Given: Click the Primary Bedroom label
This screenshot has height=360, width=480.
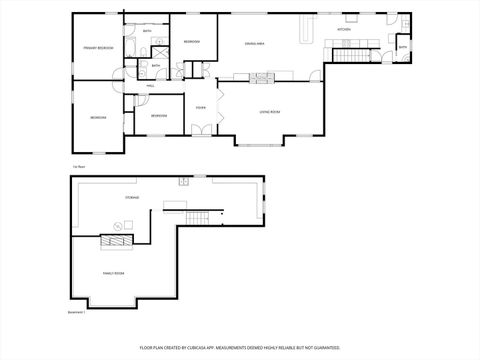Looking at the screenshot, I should pos(98,47).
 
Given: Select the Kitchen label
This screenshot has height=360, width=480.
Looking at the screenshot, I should pos(344,30).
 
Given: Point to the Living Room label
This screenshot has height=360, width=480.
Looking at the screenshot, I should pos(270,111).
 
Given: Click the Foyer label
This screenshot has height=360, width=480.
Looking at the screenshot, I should pos(201,106).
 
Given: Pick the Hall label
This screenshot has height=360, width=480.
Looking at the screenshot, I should pos(151,86).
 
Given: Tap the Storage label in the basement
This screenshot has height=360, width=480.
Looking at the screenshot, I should pos(133,198).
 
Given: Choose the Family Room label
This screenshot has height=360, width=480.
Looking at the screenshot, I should pos(113,271).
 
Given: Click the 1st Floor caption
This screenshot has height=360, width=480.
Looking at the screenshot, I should pos(77,165).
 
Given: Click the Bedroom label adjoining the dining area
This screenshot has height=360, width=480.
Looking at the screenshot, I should pos(191,41).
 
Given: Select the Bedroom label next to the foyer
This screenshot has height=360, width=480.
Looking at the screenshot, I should pos(159,116).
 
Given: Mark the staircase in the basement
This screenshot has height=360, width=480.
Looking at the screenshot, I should pos(204,218).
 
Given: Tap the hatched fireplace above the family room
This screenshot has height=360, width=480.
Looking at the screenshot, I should pos(121,240).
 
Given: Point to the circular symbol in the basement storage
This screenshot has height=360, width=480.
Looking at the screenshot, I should pos(183,181).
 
